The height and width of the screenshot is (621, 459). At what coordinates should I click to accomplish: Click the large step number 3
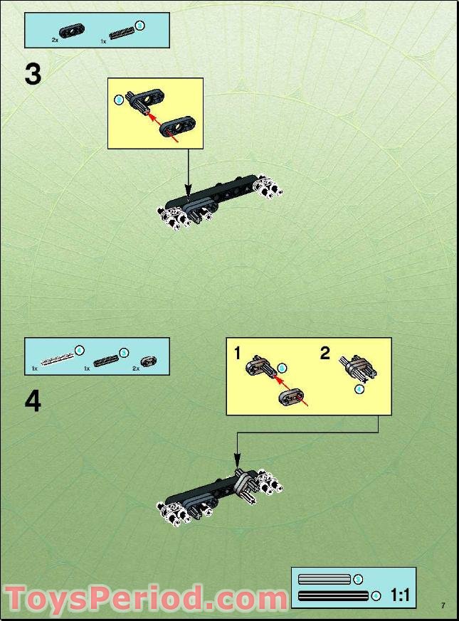(x=33, y=74)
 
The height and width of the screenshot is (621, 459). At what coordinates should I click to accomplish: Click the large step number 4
(x=33, y=402)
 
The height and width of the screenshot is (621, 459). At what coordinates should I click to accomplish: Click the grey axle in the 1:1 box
(x=325, y=580)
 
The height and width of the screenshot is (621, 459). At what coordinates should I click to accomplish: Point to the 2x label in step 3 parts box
(x=55, y=41)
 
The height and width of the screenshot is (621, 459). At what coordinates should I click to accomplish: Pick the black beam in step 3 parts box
(x=72, y=29)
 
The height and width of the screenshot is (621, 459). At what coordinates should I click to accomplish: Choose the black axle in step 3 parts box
(x=122, y=32)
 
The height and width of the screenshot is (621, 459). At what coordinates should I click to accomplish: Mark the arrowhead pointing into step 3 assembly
(x=188, y=192)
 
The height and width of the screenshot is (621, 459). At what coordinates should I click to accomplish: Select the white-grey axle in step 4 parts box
(x=56, y=357)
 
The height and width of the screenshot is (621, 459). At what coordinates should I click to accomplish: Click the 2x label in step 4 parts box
(x=135, y=368)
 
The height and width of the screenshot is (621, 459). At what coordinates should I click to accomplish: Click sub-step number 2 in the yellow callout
(x=325, y=353)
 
